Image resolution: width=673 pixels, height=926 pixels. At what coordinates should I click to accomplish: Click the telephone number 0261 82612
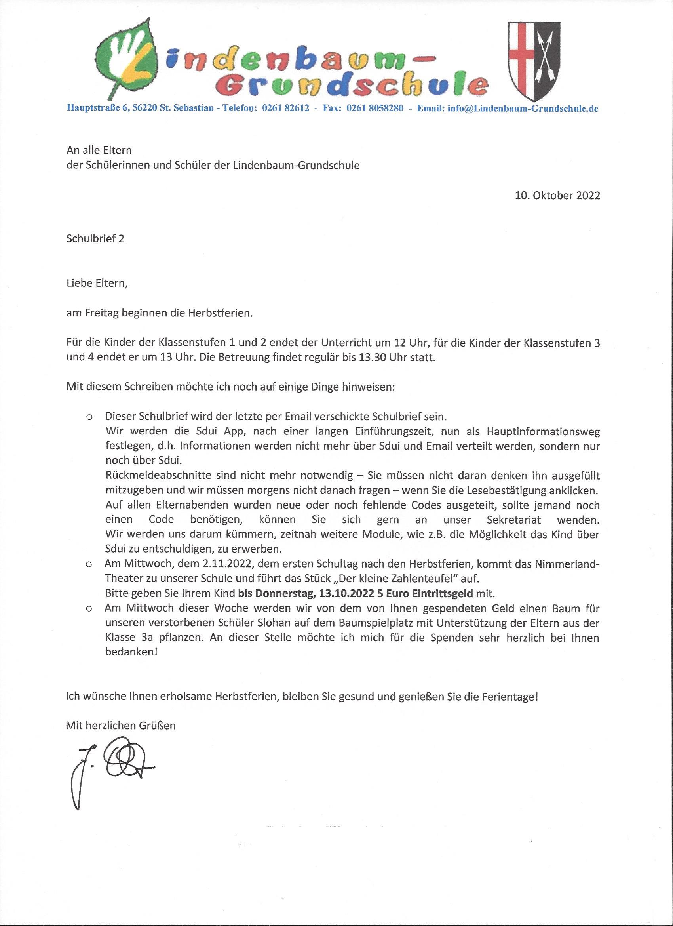click(x=285, y=108)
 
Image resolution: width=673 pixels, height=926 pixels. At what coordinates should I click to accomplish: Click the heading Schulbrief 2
click(x=95, y=238)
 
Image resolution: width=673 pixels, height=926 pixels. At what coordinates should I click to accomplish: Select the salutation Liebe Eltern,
click(x=97, y=283)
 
